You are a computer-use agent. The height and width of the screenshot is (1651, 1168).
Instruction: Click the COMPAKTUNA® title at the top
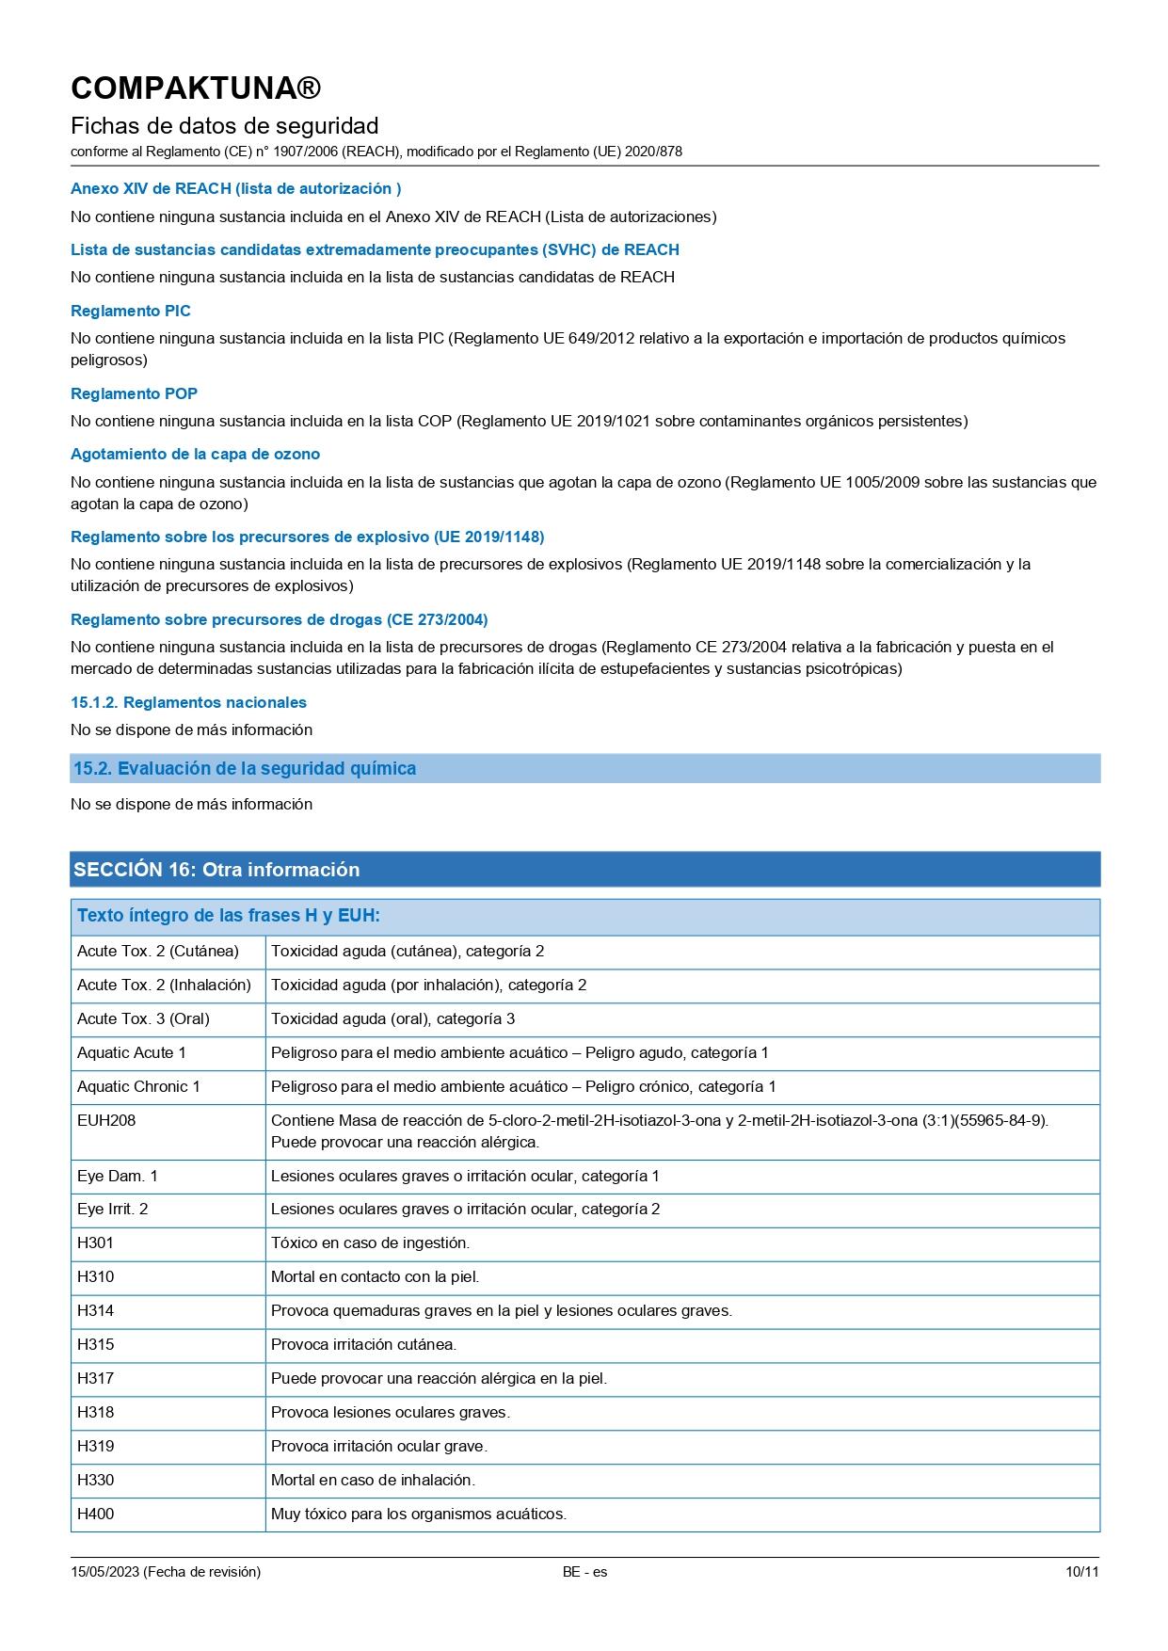pyautogui.click(x=196, y=88)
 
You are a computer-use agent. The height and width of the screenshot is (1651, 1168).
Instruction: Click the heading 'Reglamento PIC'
pyautogui.click(x=131, y=311)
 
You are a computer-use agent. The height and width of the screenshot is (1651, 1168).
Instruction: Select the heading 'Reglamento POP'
pyautogui.click(x=134, y=393)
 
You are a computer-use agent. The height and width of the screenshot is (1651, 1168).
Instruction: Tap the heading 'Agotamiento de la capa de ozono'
pyautogui.click(x=195, y=454)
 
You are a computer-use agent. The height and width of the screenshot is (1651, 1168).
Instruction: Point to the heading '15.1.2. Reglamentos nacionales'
pyautogui.click(x=188, y=702)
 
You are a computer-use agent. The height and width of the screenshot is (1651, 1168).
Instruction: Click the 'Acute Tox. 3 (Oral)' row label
pyautogui.click(x=143, y=1018)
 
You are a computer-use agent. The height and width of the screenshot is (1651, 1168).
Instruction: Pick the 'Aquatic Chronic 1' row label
pyautogui.click(x=138, y=1086)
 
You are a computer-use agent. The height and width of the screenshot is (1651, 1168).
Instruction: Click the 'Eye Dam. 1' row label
pyautogui.click(x=118, y=1176)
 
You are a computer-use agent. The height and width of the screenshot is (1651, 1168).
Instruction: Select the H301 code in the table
pyautogui.click(x=95, y=1242)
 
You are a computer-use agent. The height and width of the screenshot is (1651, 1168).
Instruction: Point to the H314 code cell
pyautogui.click(x=95, y=1310)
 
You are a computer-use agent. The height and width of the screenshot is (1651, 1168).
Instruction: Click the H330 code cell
pyautogui.click(x=95, y=1480)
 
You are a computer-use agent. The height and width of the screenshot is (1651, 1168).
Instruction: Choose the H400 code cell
pyautogui.click(x=95, y=1514)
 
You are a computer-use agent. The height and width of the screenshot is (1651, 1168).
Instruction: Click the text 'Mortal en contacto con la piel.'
pyautogui.click(x=375, y=1276)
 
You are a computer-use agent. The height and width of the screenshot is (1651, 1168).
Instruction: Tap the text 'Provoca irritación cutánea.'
pyautogui.click(x=363, y=1344)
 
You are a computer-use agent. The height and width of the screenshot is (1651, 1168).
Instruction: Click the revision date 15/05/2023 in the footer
pyautogui.click(x=104, y=1572)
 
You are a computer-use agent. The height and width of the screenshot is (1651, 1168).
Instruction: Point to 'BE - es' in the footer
pyautogui.click(x=584, y=1572)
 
